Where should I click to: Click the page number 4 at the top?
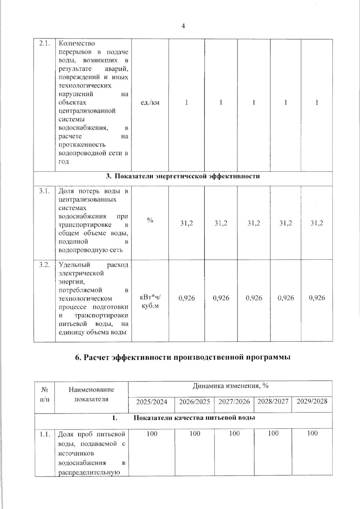coord(183,26)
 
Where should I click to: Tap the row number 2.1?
coord(44,43)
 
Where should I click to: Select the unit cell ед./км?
coord(150,103)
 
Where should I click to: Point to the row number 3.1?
coord(44,191)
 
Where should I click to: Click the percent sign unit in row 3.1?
coord(150,220)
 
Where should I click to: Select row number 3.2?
coord(44,265)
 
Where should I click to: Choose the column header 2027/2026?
coord(234,402)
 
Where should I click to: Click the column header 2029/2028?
coord(312,401)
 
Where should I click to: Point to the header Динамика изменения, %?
coord(230,386)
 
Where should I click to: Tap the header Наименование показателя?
coord(91,394)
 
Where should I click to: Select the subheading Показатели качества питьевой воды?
coord(194,418)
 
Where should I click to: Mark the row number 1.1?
coord(45,434)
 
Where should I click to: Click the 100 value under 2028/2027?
coord(273,433)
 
